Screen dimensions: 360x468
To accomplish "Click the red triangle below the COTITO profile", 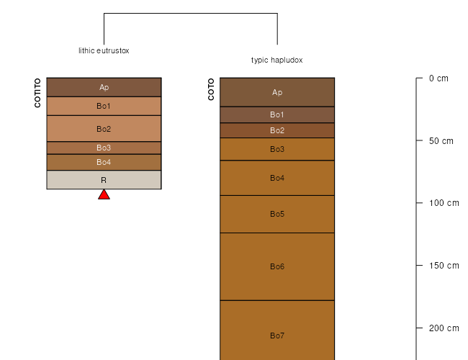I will click(104, 194).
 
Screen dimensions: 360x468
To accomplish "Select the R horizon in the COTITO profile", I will click(104, 180).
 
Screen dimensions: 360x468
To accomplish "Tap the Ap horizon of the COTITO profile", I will click(104, 87).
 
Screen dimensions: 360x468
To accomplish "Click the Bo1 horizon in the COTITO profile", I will click(104, 106).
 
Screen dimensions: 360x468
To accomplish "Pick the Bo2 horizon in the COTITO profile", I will click(104, 129).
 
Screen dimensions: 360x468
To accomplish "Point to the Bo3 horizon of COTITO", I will click(104, 148).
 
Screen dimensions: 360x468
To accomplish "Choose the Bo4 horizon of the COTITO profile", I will click(104, 162).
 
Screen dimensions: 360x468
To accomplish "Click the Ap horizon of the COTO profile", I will click(277, 92).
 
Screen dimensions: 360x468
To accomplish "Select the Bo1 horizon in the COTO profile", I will click(277, 114).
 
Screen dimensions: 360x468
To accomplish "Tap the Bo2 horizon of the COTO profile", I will click(277, 130).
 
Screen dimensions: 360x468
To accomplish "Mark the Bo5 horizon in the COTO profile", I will click(277, 214).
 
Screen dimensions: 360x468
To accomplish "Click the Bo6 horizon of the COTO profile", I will click(277, 266).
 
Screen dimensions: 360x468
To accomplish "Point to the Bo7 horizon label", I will click(277, 336).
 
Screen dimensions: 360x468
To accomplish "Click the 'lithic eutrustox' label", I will click(104, 50).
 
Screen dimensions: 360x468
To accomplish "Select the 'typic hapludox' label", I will click(277, 60).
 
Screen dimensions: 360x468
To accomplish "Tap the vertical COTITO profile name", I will click(37, 93).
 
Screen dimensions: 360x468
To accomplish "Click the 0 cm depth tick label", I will click(438, 78).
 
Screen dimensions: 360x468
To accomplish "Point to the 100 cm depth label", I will click(444, 203).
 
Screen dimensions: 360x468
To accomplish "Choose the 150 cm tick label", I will click(444, 266).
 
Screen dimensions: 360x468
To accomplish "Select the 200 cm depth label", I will click(444, 328).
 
